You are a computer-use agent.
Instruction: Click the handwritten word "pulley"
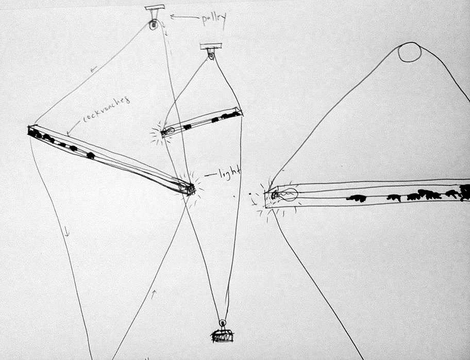(213, 20)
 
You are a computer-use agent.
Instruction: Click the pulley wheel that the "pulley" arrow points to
(154, 25)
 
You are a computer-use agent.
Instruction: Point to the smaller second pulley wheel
(211, 55)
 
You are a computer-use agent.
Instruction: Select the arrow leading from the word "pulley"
(184, 17)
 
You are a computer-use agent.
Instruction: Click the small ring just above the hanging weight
(222, 323)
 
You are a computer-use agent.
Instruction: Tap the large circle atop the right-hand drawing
(409, 52)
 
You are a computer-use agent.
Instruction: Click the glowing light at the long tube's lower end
(188, 188)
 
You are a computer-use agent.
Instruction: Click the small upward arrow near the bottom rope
(154, 294)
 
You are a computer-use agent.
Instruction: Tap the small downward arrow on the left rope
(66, 231)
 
